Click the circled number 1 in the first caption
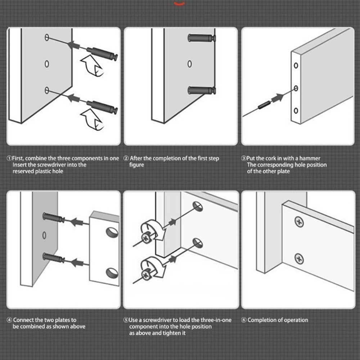point(9,158)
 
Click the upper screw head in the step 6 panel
point(299,222)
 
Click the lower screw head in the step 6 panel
point(299,258)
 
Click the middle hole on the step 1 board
point(47,64)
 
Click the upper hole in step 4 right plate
point(112,232)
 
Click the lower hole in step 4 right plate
point(112,273)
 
